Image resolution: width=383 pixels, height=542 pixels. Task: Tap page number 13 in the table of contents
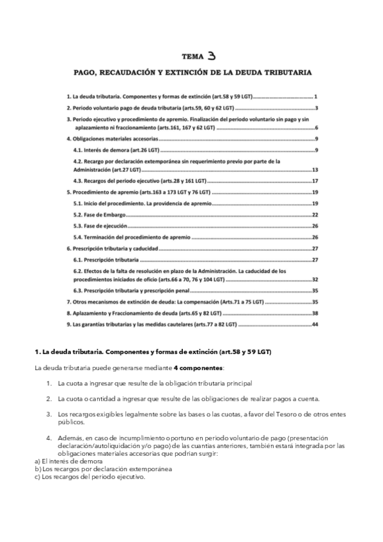pos(315,170)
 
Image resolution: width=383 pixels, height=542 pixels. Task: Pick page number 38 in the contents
pos(315,313)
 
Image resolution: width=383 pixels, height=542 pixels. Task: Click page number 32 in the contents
pos(315,279)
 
